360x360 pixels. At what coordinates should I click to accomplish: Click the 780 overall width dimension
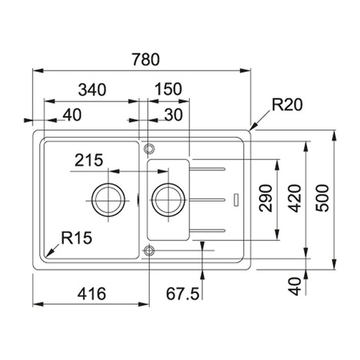(x=146, y=59)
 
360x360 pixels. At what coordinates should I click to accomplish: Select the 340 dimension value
(x=92, y=90)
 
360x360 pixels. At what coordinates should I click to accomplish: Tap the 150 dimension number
(x=168, y=89)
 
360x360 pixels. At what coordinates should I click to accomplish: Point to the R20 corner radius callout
(x=287, y=105)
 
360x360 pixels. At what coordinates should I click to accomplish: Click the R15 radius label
(x=77, y=238)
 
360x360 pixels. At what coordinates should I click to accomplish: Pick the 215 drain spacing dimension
(x=89, y=160)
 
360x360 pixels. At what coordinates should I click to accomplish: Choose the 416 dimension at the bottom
(x=92, y=294)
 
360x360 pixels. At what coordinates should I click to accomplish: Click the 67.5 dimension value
(x=182, y=294)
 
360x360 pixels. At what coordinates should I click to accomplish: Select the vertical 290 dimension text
(x=266, y=198)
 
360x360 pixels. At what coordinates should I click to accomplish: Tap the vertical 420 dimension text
(x=295, y=198)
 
